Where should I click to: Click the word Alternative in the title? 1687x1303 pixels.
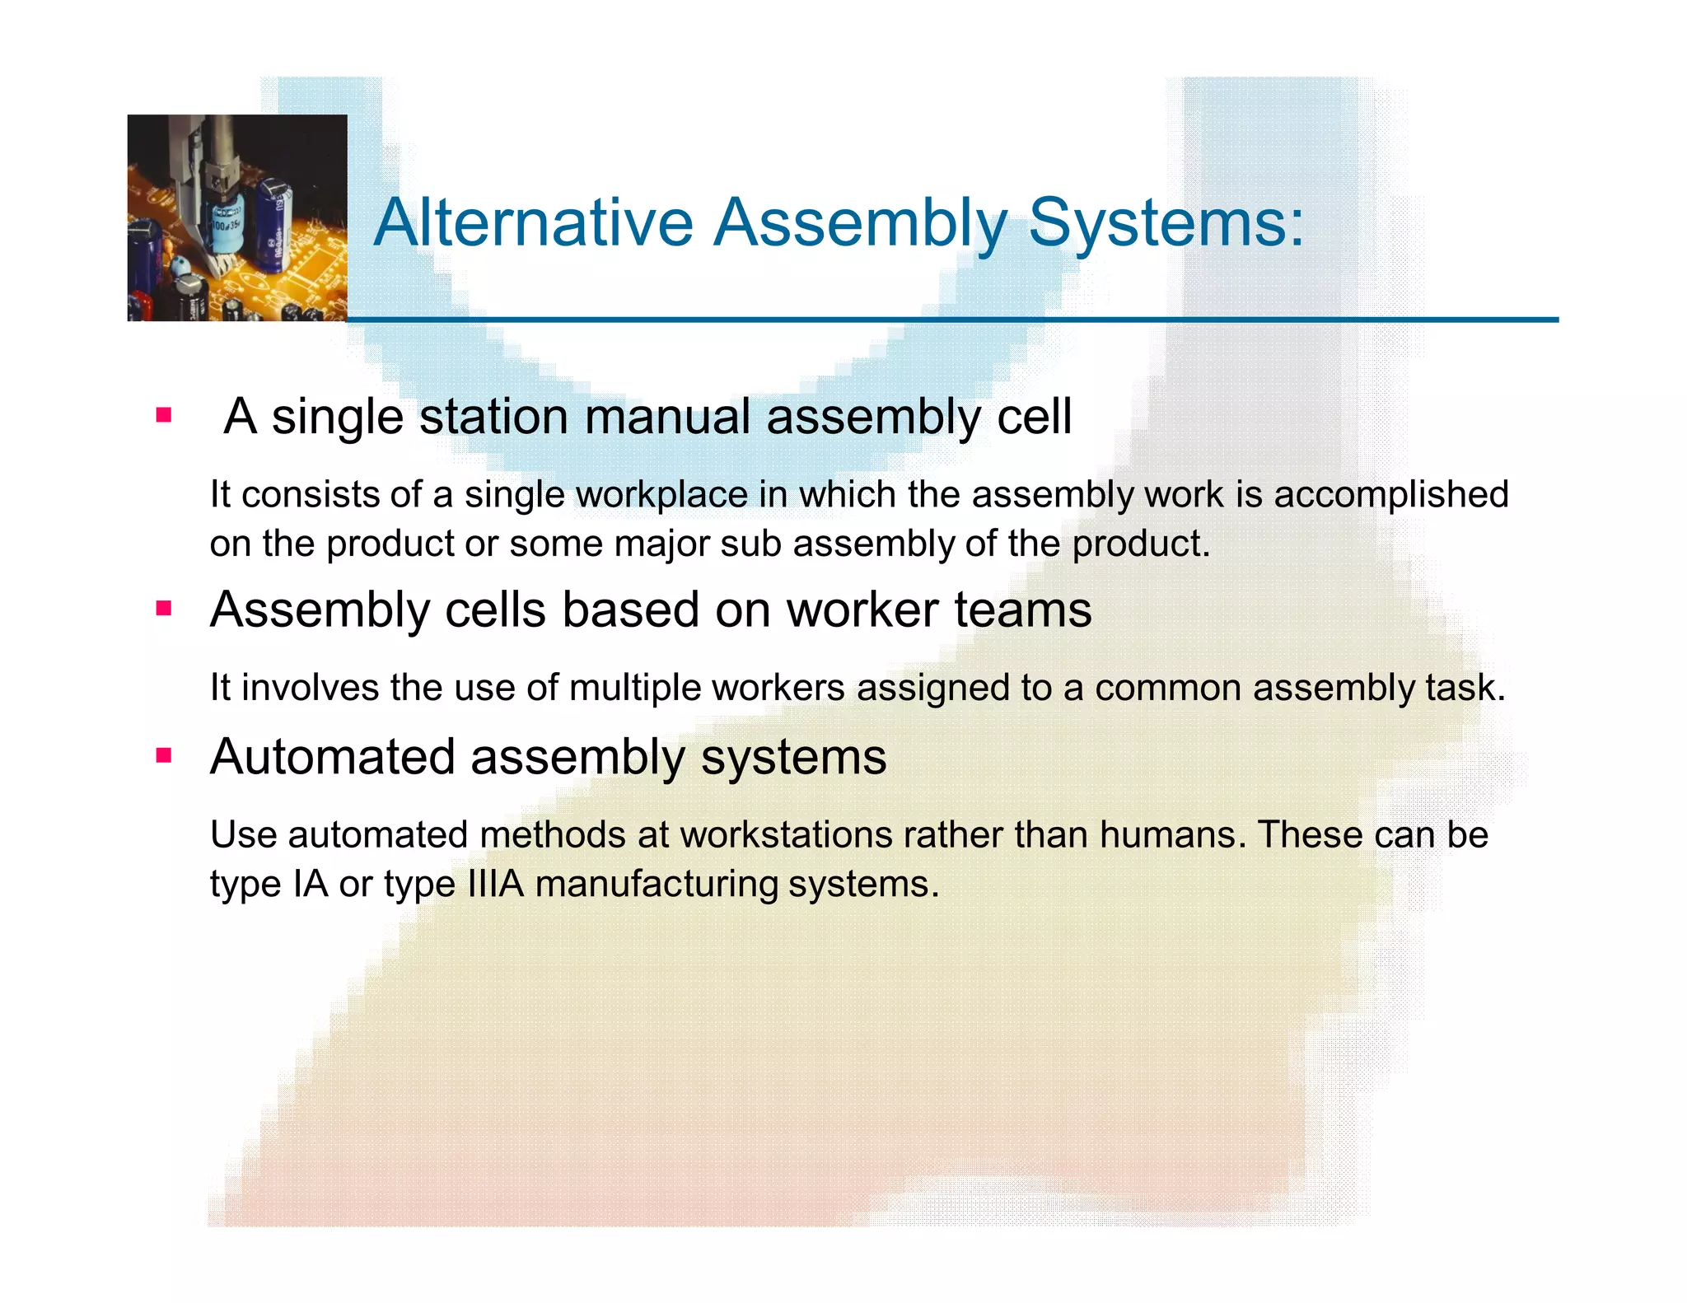tap(534, 222)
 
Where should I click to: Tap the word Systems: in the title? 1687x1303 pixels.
tap(1166, 222)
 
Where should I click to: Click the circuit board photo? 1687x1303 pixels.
tap(237, 217)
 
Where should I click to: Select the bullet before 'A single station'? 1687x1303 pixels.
tap(164, 415)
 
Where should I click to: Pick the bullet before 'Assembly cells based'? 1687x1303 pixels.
tap(164, 609)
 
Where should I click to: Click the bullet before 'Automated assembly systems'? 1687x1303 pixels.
tap(164, 755)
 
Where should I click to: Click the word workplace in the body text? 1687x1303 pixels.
tap(661, 495)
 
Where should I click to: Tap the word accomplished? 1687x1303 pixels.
tap(1391, 495)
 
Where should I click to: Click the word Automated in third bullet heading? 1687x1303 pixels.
tap(333, 757)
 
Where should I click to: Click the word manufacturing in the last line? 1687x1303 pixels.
tap(656, 885)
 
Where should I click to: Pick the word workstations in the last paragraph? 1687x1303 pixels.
tap(786, 835)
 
